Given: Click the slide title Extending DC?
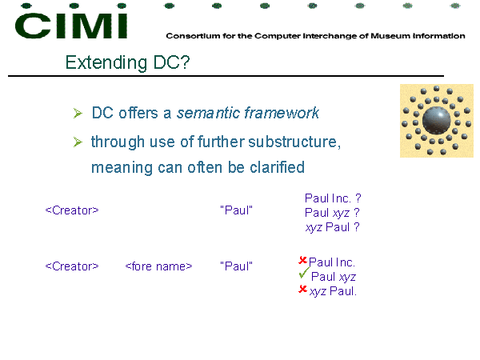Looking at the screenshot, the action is point(127,62).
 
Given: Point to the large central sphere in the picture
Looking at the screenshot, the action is point(436,120).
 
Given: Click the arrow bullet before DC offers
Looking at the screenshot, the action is point(78,114).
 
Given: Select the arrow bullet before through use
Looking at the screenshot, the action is point(78,142).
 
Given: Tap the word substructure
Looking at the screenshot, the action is point(294,142).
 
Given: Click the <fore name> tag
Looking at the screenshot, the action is point(158,266).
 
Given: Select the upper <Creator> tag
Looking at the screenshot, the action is point(72,210).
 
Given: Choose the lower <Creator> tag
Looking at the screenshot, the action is point(72,266).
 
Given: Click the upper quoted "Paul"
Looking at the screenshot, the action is point(236,210).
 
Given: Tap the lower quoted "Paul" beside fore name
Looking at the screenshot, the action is point(236,266).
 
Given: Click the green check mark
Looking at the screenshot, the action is point(304,273).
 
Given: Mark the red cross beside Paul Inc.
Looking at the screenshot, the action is point(302,260).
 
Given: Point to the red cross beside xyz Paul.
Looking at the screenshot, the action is point(302,289).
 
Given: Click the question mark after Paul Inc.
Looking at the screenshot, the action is point(358,198).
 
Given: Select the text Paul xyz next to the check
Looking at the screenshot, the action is point(334,277).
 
